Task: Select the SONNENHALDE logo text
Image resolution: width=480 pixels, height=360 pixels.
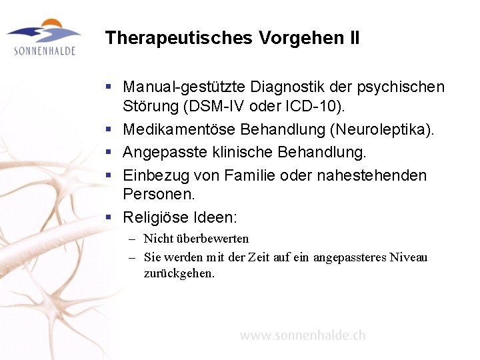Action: tap(44, 51)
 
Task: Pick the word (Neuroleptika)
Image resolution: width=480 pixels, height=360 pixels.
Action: tap(383, 129)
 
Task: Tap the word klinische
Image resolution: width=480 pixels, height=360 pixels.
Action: tap(231, 153)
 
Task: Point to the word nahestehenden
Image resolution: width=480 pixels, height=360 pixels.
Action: tap(375, 175)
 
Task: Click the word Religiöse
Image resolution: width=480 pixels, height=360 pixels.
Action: tap(153, 217)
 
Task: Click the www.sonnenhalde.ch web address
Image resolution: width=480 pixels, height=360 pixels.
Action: tap(303, 335)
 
